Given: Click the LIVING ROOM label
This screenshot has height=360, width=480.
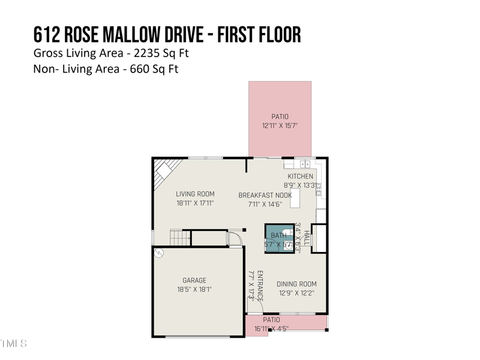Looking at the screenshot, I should [x=195, y=194].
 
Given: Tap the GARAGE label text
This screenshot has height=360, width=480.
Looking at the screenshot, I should [x=194, y=280].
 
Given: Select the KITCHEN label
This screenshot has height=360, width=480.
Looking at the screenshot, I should [x=300, y=176].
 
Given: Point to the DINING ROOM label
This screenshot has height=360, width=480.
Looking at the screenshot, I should [x=296, y=284].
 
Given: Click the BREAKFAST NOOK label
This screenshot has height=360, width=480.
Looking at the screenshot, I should [x=265, y=195].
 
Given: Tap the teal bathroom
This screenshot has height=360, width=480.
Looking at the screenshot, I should [x=279, y=238].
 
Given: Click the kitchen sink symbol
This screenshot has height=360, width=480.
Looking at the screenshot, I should [x=304, y=163].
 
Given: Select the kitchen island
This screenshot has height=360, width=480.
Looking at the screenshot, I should [x=295, y=197].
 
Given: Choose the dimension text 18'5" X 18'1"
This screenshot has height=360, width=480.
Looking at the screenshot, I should [x=194, y=289].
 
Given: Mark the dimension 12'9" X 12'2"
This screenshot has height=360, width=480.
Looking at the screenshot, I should [x=296, y=293].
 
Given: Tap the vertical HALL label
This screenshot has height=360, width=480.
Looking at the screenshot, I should [x=306, y=238].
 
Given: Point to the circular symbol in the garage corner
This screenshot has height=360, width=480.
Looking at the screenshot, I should [x=159, y=253].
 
